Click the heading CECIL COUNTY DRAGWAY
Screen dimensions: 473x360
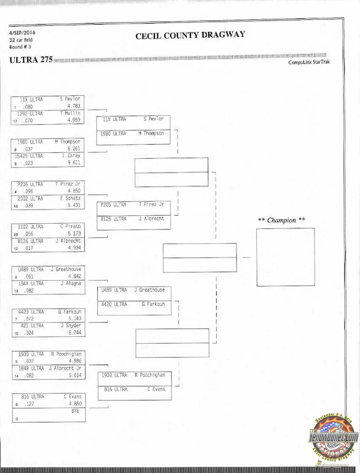pyautogui.click(x=190, y=36)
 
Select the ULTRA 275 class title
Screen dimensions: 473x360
pyautogui.click(x=31, y=59)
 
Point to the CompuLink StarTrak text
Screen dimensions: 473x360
pyautogui.click(x=309, y=62)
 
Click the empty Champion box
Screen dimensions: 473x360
pyautogui.click(x=285, y=257)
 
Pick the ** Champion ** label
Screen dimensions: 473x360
pyautogui.click(x=282, y=220)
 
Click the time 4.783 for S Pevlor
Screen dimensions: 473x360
pyautogui.click(x=73, y=106)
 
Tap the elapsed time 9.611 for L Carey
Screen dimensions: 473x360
pyautogui.click(x=73, y=163)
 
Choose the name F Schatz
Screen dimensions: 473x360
pyautogui.click(x=69, y=199)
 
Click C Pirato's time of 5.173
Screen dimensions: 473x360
pyautogui.click(x=73, y=234)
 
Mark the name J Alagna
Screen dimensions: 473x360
pyautogui.click(x=69, y=283)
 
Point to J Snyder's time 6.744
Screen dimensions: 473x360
pyautogui.click(x=73, y=332)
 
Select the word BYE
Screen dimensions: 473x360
pyautogui.click(x=75, y=411)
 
